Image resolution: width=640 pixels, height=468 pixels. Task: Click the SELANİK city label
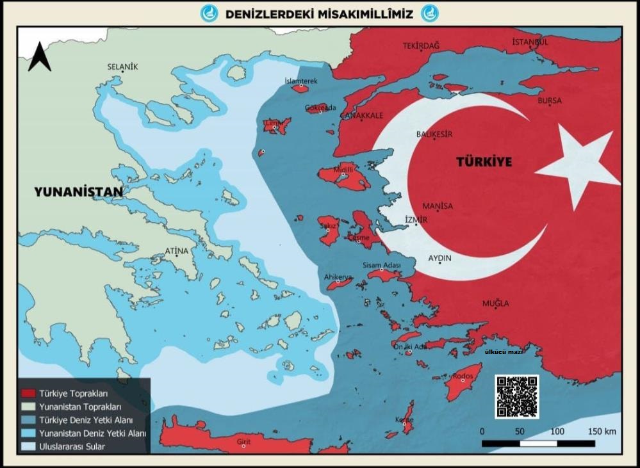(122, 67)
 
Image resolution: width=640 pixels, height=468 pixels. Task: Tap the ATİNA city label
(177, 250)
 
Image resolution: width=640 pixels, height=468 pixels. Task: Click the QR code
(516, 396)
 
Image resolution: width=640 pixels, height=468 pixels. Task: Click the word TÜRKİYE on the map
(484, 162)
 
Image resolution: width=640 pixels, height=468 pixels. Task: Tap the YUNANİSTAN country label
(78, 191)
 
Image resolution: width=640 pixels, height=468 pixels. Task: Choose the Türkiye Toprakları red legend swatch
(28, 393)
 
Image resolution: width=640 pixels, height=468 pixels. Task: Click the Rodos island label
(462, 376)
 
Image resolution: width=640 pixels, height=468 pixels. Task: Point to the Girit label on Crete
(243, 442)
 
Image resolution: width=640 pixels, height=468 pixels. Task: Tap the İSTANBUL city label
(530, 42)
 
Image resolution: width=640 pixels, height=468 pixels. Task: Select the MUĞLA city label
(496, 303)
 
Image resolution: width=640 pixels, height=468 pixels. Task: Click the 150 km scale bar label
(602, 431)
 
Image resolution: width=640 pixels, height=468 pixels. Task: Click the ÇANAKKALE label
(361, 115)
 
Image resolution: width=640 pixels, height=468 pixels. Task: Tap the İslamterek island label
(301, 81)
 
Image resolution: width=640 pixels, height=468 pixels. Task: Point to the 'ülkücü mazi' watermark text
(504, 352)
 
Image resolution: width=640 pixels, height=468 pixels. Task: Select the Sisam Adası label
(381, 265)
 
